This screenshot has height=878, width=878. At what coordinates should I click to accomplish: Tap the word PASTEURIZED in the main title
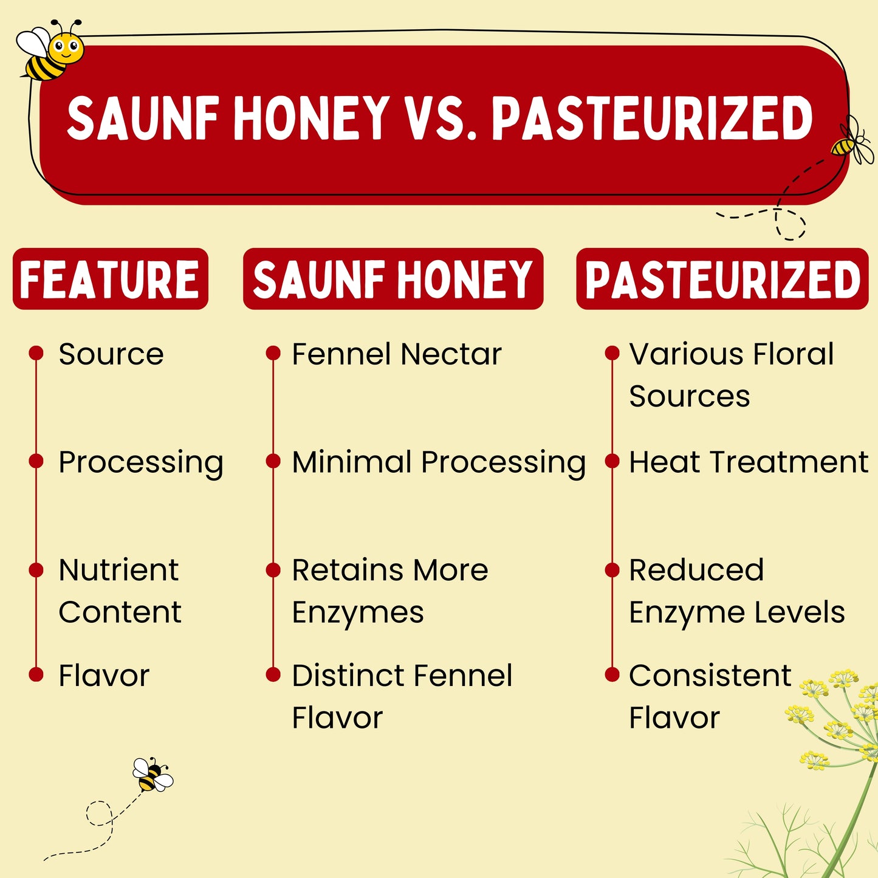(x=652, y=119)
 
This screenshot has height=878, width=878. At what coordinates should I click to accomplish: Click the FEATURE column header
(x=110, y=279)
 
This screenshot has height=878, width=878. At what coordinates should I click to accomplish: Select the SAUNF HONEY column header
(x=393, y=279)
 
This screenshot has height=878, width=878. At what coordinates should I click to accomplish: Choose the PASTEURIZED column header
(x=722, y=279)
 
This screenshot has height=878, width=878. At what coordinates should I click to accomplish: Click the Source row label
(x=111, y=354)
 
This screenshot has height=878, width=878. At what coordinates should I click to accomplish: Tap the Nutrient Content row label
(x=120, y=591)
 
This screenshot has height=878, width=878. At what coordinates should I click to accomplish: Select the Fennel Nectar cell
(x=396, y=354)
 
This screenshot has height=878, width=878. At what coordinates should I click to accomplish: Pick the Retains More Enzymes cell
(x=390, y=591)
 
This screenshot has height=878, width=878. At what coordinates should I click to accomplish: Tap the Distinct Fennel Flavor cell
(x=402, y=696)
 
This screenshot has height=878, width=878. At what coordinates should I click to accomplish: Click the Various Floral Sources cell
(x=732, y=375)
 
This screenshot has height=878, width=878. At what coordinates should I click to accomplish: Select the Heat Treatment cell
(x=749, y=462)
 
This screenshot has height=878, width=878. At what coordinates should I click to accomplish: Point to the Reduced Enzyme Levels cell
(x=737, y=591)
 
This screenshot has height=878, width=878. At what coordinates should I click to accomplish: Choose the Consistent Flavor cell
(x=710, y=696)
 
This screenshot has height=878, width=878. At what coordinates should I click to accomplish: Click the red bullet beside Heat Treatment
(x=612, y=461)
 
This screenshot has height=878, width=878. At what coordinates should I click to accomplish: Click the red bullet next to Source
(x=36, y=352)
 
